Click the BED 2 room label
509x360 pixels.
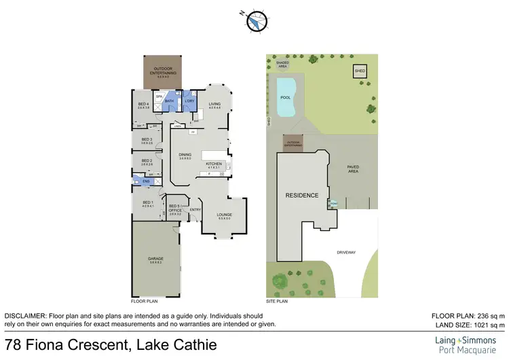[146, 162]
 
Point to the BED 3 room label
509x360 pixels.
[146, 141]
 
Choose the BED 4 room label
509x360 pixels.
[143, 105]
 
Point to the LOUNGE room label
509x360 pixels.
[225, 215]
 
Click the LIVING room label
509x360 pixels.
[215, 105]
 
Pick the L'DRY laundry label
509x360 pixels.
[189, 101]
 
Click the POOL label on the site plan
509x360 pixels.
[284, 97]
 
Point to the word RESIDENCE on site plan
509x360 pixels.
[301, 196]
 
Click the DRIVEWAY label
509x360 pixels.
[346, 253]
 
